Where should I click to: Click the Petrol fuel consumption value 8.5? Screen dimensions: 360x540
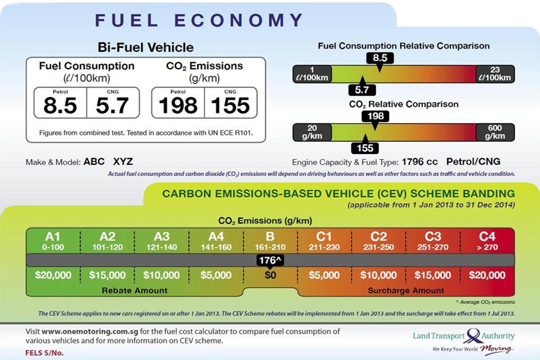[x=60, y=105]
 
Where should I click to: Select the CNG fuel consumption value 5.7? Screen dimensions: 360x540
[x=112, y=105]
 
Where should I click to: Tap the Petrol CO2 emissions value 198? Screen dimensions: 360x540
[x=178, y=105]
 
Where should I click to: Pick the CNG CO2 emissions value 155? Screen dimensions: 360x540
[x=230, y=105]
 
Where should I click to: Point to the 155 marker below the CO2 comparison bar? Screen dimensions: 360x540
[x=365, y=149]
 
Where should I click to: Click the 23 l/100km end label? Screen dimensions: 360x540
[x=495, y=74]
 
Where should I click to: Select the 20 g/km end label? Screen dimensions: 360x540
[x=312, y=132]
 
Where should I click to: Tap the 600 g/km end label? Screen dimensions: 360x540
[x=495, y=132]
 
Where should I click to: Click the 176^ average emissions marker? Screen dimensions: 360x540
[x=270, y=259]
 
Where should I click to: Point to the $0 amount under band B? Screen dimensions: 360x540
[x=270, y=275]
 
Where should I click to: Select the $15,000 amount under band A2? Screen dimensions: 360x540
[x=108, y=275]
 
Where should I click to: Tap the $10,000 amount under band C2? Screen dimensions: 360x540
[x=378, y=275]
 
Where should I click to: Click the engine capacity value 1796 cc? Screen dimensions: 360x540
[x=419, y=162]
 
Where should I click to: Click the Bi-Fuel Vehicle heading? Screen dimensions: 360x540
[x=146, y=47]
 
